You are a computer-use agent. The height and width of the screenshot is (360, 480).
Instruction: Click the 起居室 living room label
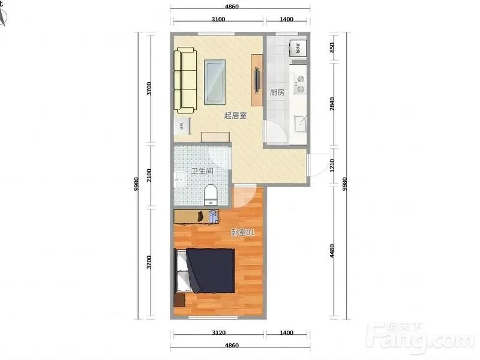pos(235,115)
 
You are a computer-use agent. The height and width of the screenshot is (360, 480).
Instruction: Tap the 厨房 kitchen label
pos(277,92)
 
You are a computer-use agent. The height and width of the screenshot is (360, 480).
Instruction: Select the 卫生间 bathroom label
pos(202,171)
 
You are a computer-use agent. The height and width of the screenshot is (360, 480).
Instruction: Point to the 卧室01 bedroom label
pos(242,232)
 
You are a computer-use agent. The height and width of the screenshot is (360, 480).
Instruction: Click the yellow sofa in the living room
pos(185,80)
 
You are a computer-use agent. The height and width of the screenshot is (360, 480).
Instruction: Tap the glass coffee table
pos(215,82)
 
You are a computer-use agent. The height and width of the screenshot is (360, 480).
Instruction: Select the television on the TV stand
pos(258,80)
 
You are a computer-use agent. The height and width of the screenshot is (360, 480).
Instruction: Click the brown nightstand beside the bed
pos(179,300)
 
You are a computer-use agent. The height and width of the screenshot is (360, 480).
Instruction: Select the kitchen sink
pos(300,123)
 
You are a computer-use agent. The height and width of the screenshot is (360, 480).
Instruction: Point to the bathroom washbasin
pos(180,179)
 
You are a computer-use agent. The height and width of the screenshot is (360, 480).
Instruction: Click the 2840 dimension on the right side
pos(332,104)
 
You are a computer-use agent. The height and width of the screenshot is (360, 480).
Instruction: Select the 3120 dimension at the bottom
pos(218,333)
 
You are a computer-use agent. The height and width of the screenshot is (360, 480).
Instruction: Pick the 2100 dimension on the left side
pos(149,175)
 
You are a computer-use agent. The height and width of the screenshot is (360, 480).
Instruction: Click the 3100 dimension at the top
pos(218,19)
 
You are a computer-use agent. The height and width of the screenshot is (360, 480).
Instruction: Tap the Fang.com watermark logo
pos(422,338)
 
